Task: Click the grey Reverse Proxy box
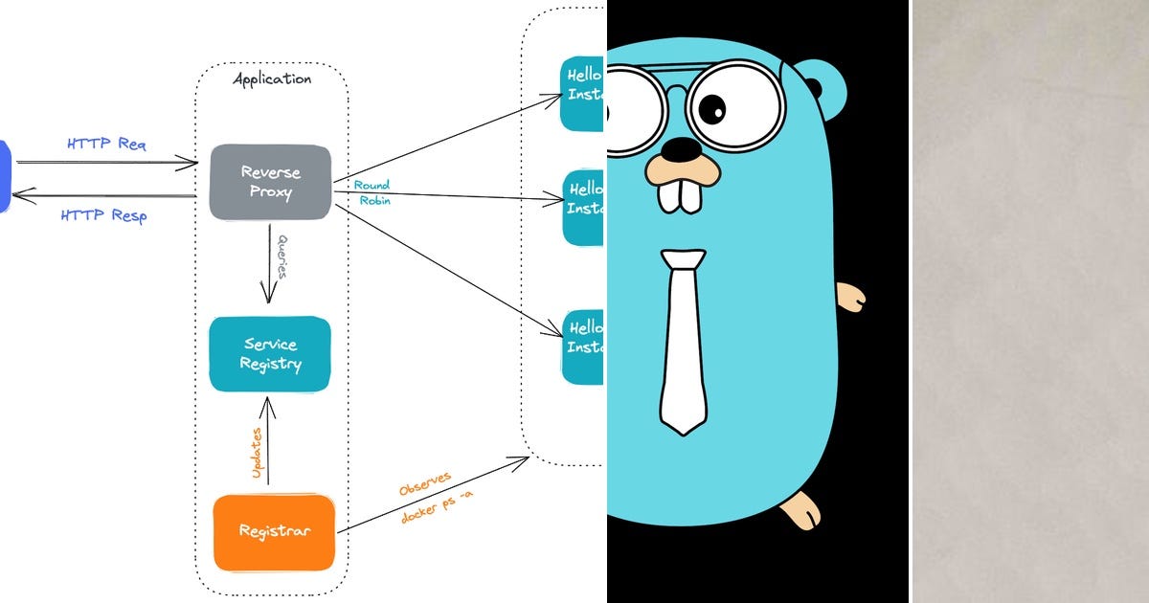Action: click(270, 182)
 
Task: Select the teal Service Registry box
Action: click(270, 354)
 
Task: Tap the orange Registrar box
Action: click(273, 532)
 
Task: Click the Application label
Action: click(272, 78)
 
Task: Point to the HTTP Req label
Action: click(106, 145)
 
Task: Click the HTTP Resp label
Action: click(103, 215)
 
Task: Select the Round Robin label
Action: click(372, 192)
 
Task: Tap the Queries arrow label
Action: click(282, 256)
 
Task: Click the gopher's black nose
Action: click(682, 149)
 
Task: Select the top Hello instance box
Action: click(582, 94)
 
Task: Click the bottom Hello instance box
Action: click(582, 346)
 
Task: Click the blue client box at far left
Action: click(4, 177)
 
